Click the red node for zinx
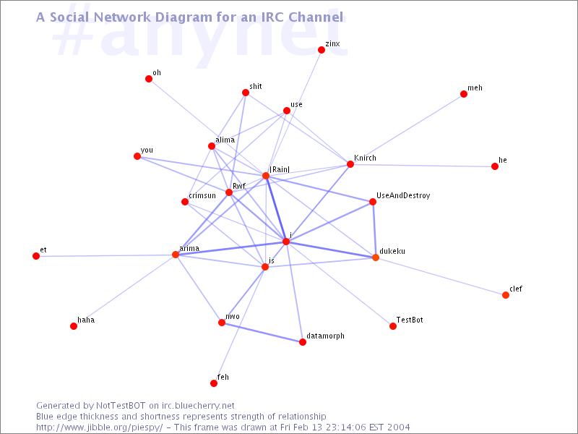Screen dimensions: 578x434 [322, 50]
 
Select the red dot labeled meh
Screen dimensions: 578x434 [464, 94]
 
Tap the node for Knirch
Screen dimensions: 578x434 [350, 164]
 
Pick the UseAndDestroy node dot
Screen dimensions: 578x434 [373, 202]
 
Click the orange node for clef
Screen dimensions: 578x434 [506, 295]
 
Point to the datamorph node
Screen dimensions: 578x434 [303, 342]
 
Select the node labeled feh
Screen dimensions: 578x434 [214, 383]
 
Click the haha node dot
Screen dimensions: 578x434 [74, 326]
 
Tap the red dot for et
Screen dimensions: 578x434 [36, 256]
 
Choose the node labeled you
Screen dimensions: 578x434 [137, 156]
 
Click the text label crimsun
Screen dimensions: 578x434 [202, 195]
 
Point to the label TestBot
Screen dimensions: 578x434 [410, 320]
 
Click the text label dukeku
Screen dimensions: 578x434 [392, 251]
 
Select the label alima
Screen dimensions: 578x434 [225, 140]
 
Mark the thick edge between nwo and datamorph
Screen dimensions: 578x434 [262, 332]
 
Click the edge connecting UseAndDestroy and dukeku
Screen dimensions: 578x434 [374, 229]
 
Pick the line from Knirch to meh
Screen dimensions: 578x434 [407, 129]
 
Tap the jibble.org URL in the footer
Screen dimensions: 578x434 [100, 427]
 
